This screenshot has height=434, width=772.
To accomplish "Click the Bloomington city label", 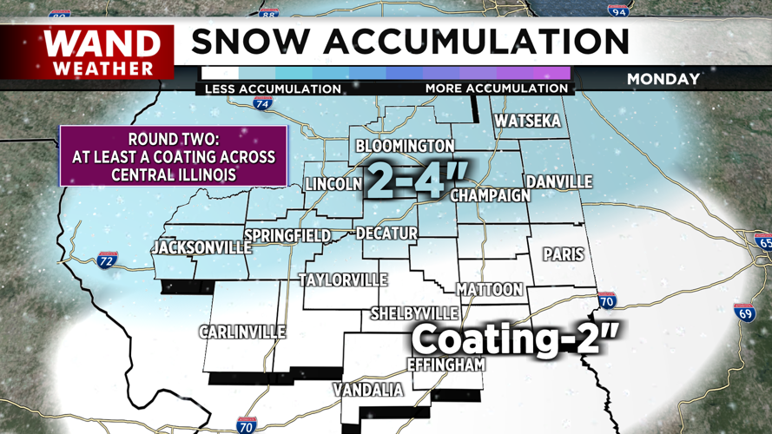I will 405,146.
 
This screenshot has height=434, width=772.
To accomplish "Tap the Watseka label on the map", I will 527,121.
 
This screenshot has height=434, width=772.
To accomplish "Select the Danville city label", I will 559,182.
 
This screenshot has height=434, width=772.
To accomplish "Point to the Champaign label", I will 490,195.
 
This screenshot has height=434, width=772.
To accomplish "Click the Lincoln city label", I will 333,184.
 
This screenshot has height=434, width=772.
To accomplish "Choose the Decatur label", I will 386,233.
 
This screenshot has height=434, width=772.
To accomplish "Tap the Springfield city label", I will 287,236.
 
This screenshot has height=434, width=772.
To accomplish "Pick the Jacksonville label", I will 201,248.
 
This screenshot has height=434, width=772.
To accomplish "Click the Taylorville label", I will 343,280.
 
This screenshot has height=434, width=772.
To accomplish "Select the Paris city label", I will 564,255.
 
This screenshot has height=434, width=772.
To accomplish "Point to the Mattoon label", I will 489,289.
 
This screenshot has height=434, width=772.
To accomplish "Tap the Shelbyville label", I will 414,312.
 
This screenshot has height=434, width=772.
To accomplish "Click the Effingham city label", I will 445,365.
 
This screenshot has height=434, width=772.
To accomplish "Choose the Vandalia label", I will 369,391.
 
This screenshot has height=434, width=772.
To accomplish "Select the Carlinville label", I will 241,332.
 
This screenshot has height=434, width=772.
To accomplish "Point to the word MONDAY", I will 663,79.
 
